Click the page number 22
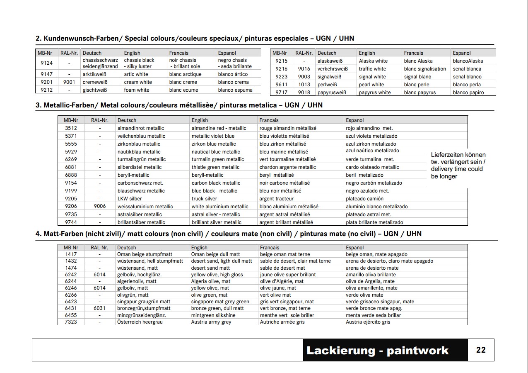[481, 350]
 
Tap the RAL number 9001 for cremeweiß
[69, 82]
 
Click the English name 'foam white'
[137, 90]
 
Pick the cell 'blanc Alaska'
[418, 61]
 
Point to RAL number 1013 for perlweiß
[304, 85]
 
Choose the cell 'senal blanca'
[467, 69]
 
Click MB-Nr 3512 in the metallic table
[71, 128]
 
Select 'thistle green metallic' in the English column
[215, 167]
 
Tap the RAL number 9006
[100, 207]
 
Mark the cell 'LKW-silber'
[130, 199]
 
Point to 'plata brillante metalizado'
[374, 222]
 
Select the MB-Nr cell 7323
[71, 322]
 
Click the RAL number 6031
[99, 308]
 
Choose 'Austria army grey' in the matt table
[211, 322]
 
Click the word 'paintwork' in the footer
[417, 351]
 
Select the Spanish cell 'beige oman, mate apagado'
[376, 254]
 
